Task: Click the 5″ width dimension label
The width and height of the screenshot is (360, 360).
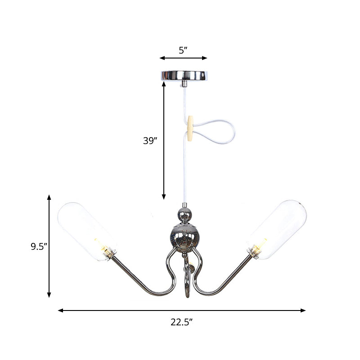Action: (182, 50)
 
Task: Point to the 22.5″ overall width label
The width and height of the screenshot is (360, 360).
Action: (182, 322)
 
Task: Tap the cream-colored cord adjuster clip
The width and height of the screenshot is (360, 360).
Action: (191, 127)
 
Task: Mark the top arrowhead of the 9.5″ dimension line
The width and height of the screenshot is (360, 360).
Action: (49, 197)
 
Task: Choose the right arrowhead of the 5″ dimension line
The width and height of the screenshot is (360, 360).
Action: (205, 58)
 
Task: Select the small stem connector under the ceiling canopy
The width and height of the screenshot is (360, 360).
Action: (184, 84)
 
